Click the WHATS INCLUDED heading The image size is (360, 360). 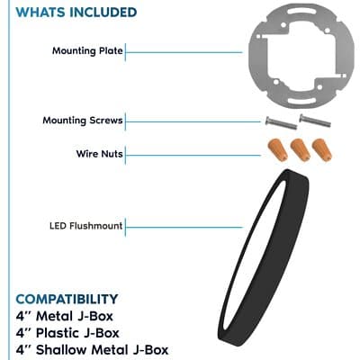click(x=76, y=12)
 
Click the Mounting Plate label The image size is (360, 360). click(x=87, y=50)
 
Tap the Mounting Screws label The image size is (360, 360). click(x=83, y=121)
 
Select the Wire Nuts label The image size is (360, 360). click(x=100, y=154)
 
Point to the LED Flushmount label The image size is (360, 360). click(x=86, y=226)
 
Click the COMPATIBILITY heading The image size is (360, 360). click(x=67, y=299)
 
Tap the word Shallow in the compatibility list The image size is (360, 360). click(x=61, y=350)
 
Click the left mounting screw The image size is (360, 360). click(x=281, y=123)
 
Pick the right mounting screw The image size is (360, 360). click(x=315, y=121)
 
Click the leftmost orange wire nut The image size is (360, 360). click(x=278, y=149)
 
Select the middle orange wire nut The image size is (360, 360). click(x=301, y=150)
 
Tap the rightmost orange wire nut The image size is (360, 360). click(x=322, y=150)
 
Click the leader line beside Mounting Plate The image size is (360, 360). click(x=184, y=52)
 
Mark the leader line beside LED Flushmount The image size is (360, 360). click(x=184, y=227)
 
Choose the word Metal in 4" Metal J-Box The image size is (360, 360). click(x=54, y=316)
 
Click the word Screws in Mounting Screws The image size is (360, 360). click(x=106, y=121)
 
